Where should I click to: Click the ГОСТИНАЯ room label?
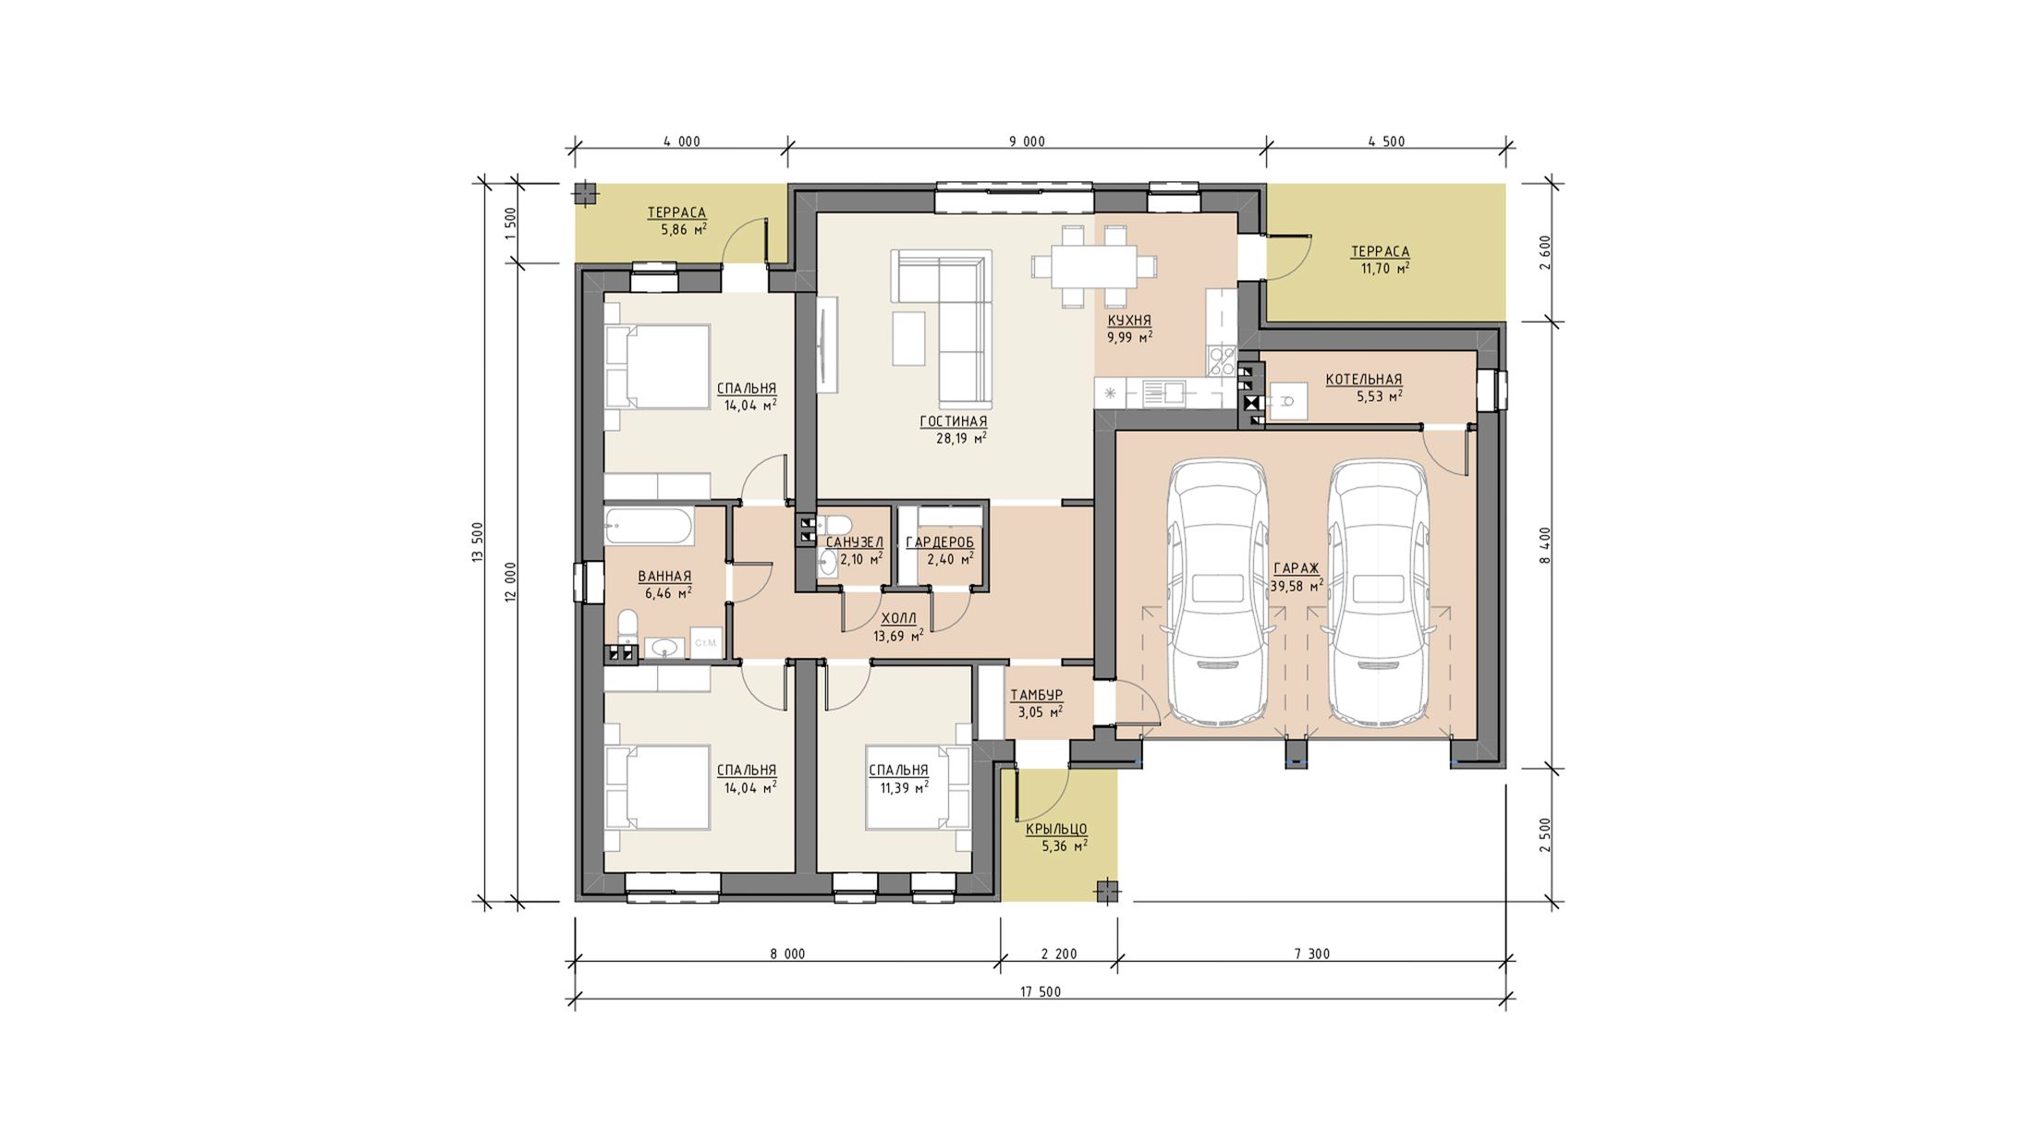(x=953, y=421)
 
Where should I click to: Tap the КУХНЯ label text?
(x=1129, y=321)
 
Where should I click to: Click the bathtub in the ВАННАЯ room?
(x=648, y=527)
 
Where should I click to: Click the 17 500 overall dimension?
(x=1041, y=992)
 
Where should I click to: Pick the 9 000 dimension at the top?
(x=1027, y=141)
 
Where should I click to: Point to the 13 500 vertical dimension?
(x=478, y=542)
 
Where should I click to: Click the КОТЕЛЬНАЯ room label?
(x=1363, y=379)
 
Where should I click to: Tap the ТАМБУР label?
(x=1036, y=695)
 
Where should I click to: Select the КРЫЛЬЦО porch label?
(x=1056, y=829)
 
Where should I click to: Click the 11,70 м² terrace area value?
(x=1385, y=269)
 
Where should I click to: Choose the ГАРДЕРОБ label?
(x=940, y=542)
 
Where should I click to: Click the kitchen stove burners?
(x=1222, y=359)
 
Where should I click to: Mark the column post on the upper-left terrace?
(x=584, y=193)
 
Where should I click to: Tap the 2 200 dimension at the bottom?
(x=1059, y=955)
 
